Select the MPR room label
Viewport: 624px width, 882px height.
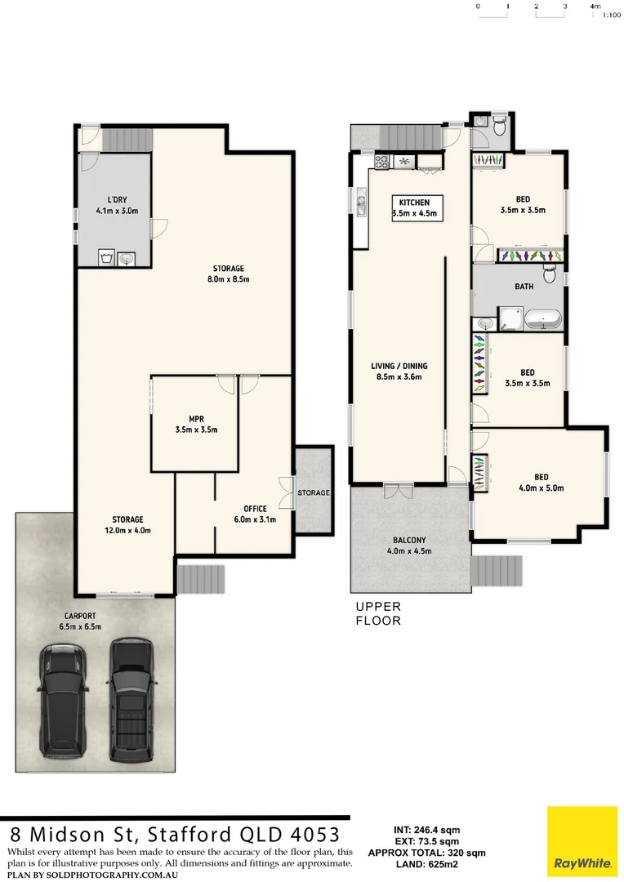pyautogui.click(x=196, y=424)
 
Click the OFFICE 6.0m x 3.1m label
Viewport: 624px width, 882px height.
pyautogui.click(x=255, y=514)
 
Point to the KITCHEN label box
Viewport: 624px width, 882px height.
pyautogui.click(x=414, y=207)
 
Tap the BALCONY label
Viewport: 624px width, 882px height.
pyautogui.click(x=408, y=546)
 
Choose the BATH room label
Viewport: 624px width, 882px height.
pyautogui.click(x=524, y=287)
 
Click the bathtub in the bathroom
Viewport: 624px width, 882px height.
pyautogui.click(x=543, y=318)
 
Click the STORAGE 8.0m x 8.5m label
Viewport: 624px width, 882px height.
pyautogui.click(x=230, y=274)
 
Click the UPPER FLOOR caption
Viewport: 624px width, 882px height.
pyautogui.click(x=377, y=613)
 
